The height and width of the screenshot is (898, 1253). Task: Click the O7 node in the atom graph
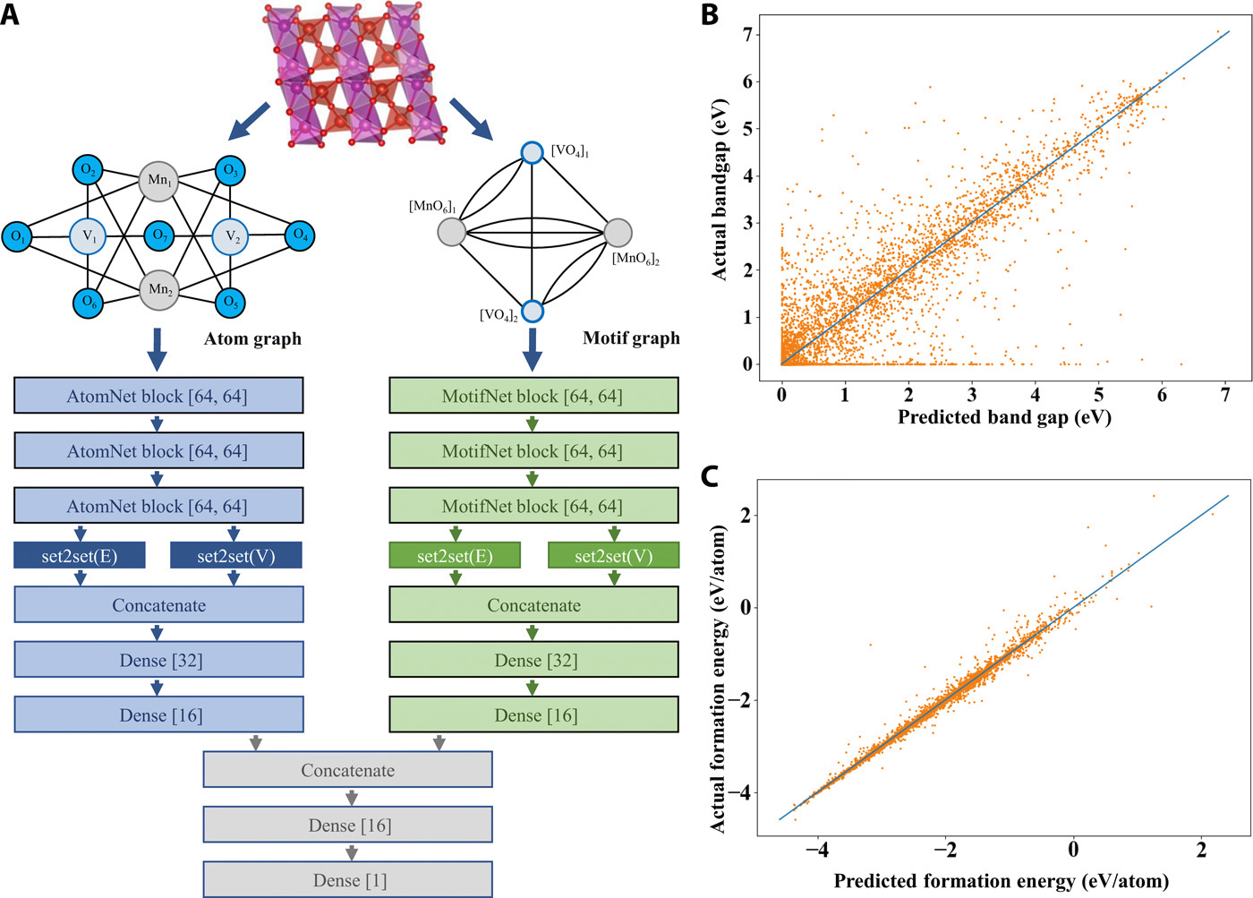[159, 237]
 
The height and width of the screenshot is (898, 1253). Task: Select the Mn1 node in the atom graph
[159, 180]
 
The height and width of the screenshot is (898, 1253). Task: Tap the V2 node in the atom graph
[231, 237]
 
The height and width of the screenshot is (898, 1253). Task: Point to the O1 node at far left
[17, 237]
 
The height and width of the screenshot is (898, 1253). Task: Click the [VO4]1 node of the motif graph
[533, 152]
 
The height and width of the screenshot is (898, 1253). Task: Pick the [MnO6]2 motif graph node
[618, 233]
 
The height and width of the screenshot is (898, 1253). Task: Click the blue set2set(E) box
[79, 556]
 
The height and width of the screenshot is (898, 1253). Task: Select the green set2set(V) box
[613, 556]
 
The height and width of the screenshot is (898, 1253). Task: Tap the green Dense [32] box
[533, 661]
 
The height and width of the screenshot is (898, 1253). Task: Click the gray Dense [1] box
[347, 880]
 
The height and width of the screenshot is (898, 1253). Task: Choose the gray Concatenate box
[347, 770]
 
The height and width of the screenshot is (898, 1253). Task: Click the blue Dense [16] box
[158, 715]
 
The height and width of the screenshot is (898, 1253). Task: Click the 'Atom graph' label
[252, 338]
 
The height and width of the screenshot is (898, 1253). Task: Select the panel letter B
[710, 15]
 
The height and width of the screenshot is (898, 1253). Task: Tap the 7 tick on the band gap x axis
[1225, 395]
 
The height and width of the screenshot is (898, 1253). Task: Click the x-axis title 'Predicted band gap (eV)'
[1004, 417]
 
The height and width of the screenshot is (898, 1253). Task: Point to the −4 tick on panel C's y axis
[740, 792]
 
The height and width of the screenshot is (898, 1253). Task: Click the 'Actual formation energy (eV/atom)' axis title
[719, 678]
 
